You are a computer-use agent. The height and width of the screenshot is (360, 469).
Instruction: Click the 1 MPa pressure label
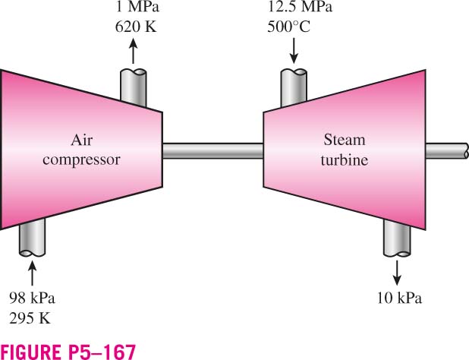pos(137,7)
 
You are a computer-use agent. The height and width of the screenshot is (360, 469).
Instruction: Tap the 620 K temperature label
pos(136,27)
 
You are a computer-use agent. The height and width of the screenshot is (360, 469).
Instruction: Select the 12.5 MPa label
pos(300,7)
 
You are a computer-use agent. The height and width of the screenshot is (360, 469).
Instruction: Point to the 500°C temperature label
pos(288,27)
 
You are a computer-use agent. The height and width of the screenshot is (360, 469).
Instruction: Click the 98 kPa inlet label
pos(32,298)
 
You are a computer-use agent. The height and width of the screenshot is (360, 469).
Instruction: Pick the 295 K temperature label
pos(30,317)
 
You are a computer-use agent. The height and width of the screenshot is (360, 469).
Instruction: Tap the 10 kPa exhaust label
pos(399,298)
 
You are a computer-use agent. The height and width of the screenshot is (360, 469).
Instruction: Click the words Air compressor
pos(81,150)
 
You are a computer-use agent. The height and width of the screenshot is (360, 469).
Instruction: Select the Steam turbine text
pos(345,150)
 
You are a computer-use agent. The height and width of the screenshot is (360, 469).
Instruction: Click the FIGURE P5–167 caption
pos(68,352)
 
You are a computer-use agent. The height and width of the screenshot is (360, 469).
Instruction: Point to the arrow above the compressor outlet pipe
pos(133,51)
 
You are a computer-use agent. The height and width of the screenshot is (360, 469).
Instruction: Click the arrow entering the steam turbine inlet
pos(294,51)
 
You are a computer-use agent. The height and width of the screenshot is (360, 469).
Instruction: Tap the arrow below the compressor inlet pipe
pos(32,273)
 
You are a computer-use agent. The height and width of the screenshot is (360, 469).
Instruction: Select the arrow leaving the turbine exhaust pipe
pos(397,273)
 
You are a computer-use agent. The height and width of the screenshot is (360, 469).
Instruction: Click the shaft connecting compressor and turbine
pos(213,151)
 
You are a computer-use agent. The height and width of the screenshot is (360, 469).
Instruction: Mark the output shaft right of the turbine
pos(447,151)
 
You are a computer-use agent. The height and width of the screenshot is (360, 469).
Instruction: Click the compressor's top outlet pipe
pos(134,87)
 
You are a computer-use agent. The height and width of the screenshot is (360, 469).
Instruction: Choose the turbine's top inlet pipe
pos(294,87)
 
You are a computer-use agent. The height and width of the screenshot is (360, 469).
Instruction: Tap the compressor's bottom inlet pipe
pos(32,237)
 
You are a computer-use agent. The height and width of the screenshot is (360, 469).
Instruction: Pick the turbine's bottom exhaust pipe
pos(397,238)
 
